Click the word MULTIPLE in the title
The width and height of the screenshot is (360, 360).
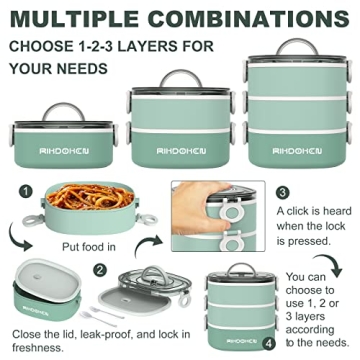pos(74,19)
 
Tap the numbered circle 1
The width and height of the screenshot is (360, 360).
pos(26,192)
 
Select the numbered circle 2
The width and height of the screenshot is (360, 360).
pos(100,270)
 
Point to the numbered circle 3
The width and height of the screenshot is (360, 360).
pos(283,193)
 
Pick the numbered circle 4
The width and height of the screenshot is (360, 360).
pos(269,344)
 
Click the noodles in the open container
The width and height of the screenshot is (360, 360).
pos(90,197)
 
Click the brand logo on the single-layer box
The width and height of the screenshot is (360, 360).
pos(64,151)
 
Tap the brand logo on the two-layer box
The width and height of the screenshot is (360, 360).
pos(181,151)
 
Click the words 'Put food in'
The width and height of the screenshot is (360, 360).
pos(89,247)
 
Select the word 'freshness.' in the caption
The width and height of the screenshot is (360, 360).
pos(38,348)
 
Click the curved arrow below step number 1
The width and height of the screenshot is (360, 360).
pos(18,237)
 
